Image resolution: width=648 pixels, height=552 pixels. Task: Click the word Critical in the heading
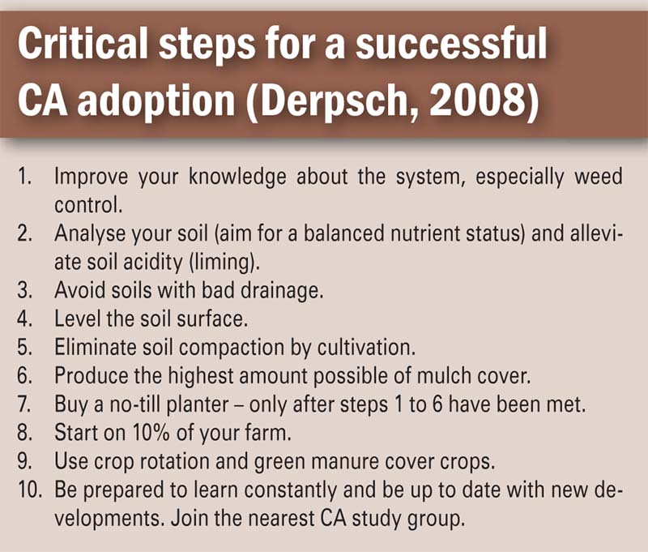coord(83,44)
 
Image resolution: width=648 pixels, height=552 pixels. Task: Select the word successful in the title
coord(451,44)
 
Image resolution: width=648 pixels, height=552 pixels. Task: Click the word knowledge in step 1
coord(237,177)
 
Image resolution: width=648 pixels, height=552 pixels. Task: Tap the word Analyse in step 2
coord(90,234)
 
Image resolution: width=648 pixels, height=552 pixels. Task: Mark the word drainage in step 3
coord(281,291)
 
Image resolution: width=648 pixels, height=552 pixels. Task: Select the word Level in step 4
coord(77,319)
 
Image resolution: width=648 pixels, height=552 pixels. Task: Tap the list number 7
coord(23,404)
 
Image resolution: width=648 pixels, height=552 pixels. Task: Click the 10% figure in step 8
coord(151,433)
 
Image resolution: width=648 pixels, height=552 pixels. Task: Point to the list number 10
coord(29,490)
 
